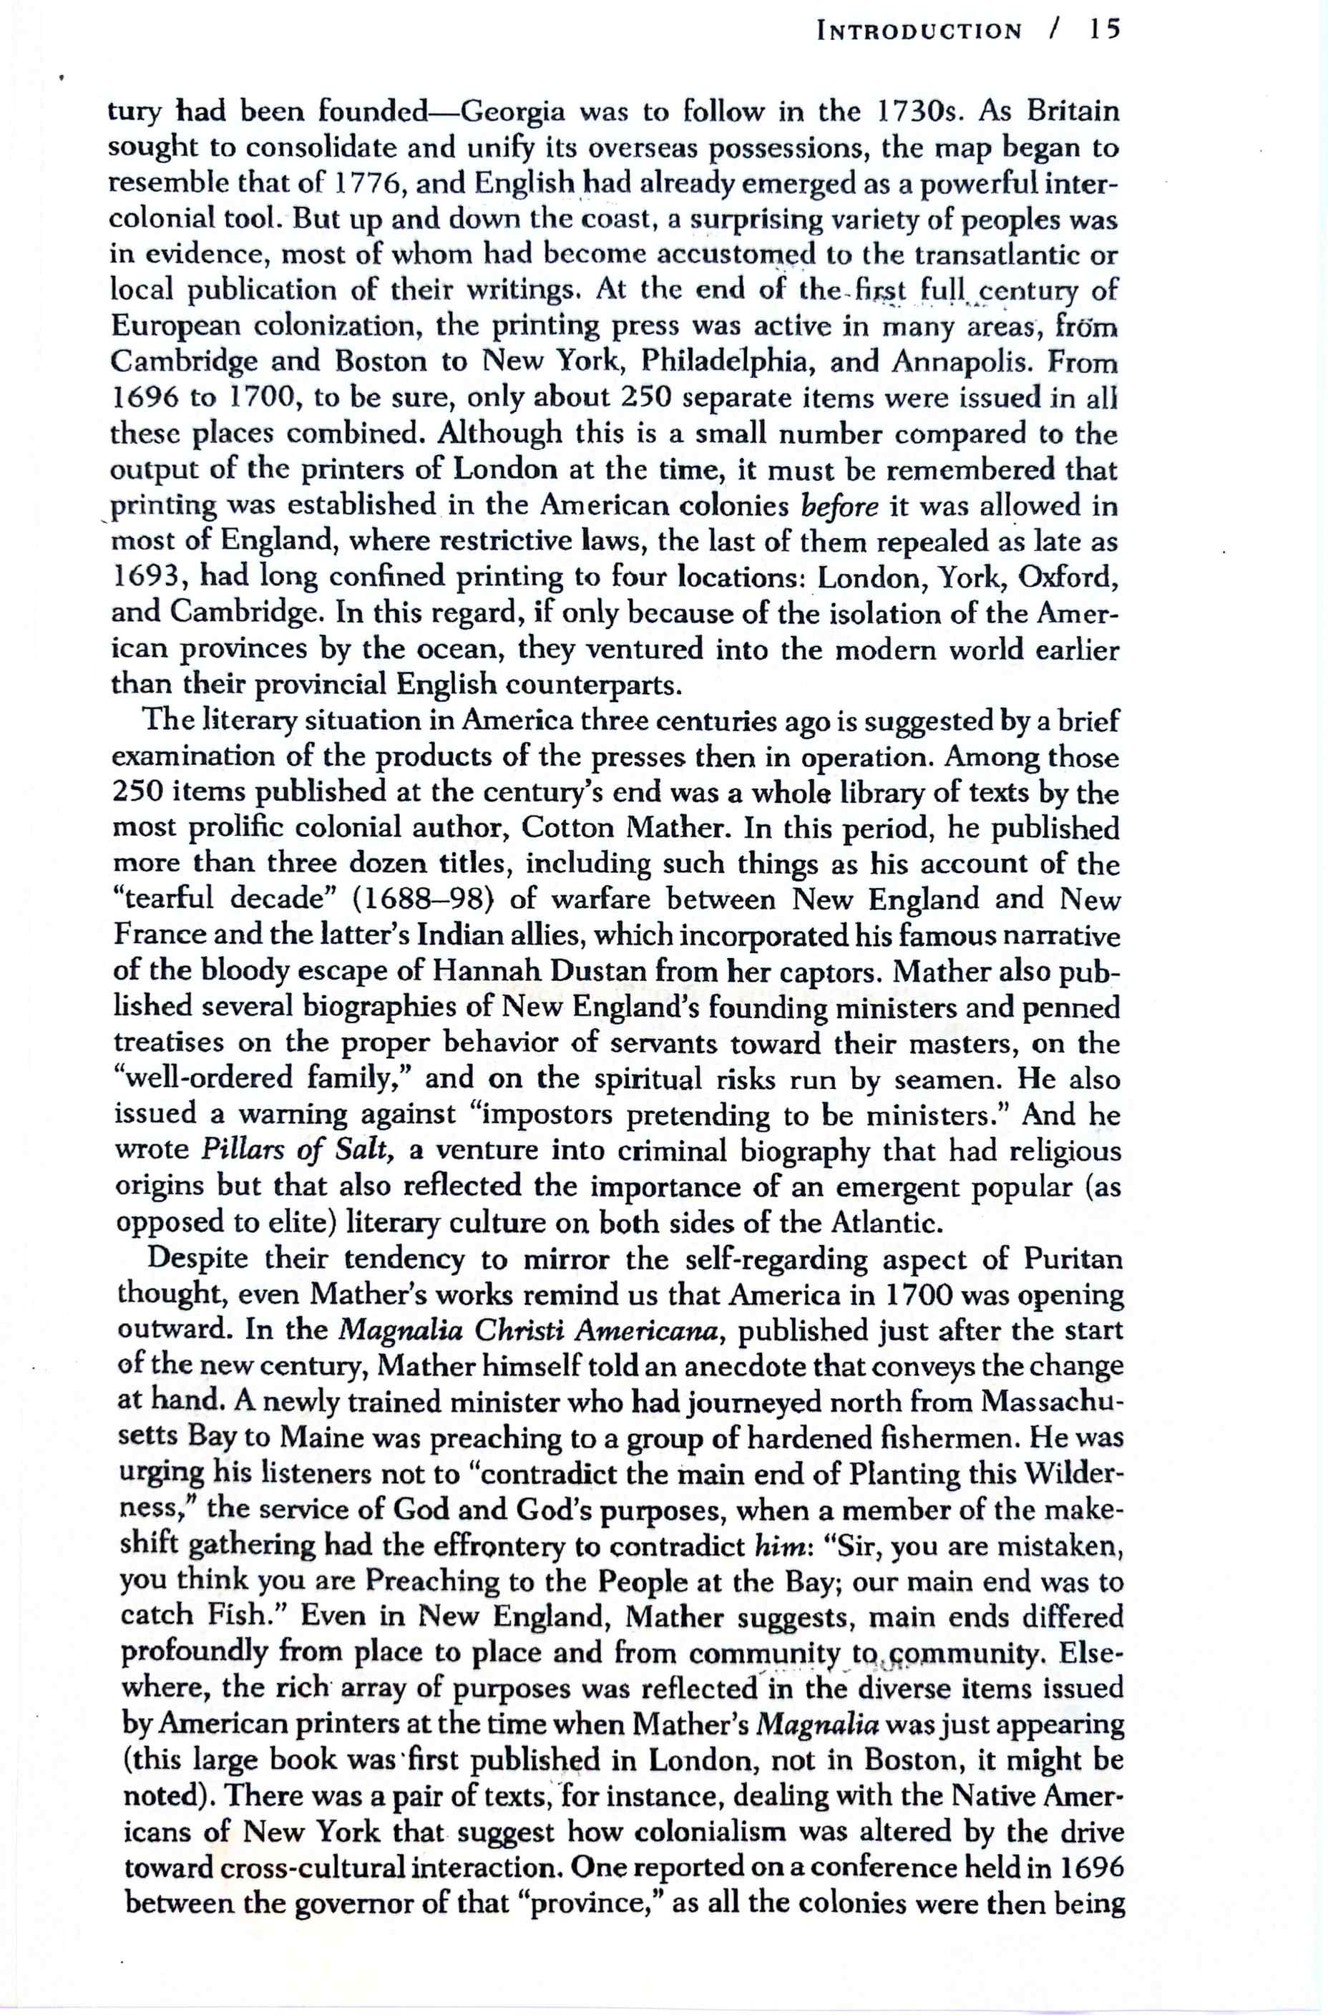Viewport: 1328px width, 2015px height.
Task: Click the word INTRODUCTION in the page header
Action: [919, 32]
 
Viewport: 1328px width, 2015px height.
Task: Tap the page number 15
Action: [1105, 31]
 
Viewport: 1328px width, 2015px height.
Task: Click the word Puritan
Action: [1073, 1259]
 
